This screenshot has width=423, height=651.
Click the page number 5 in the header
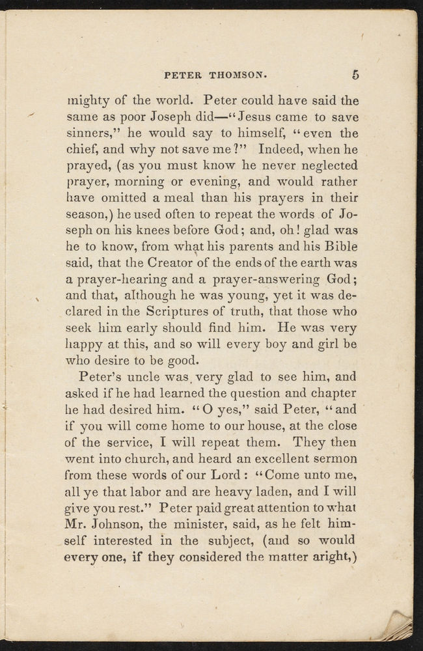[x=355, y=74]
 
